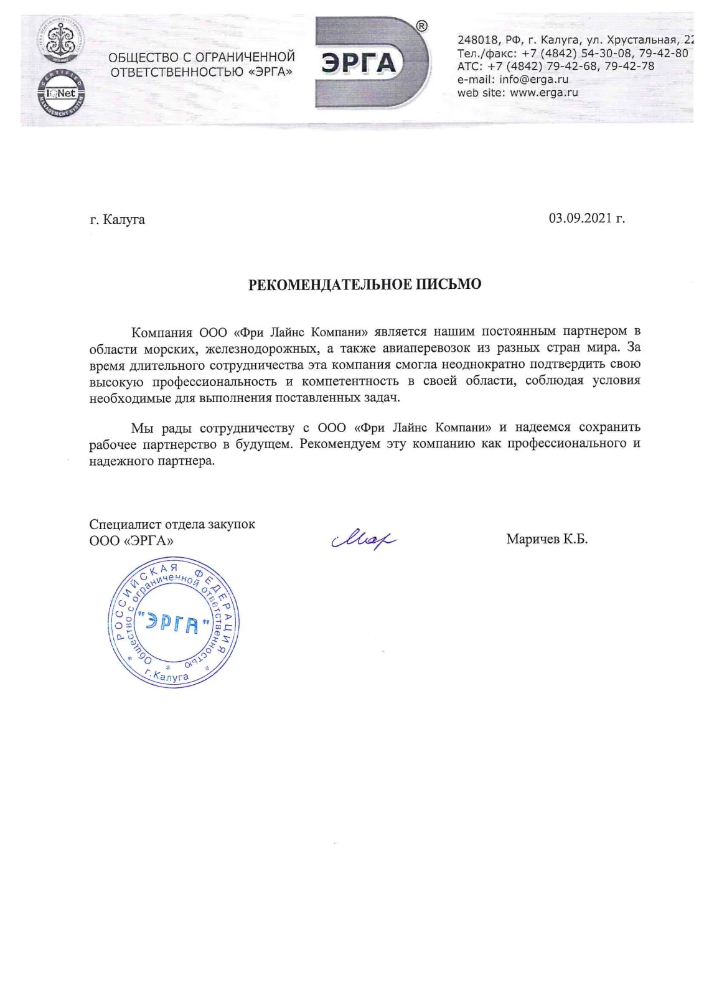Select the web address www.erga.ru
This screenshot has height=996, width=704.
[x=543, y=93]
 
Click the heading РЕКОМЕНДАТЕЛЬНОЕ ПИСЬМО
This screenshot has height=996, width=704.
[x=365, y=284]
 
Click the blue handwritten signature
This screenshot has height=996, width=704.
[x=364, y=537]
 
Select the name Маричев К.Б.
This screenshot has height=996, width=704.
[x=547, y=539]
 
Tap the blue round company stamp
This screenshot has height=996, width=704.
[x=174, y=622]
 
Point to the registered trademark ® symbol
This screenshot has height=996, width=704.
[x=421, y=26]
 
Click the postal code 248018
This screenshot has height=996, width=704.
[x=475, y=40]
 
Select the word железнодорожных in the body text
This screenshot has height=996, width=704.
[x=262, y=347]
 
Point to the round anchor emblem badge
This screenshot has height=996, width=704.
[x=61, y=41]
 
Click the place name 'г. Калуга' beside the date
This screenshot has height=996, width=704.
[x=118, y=219]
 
